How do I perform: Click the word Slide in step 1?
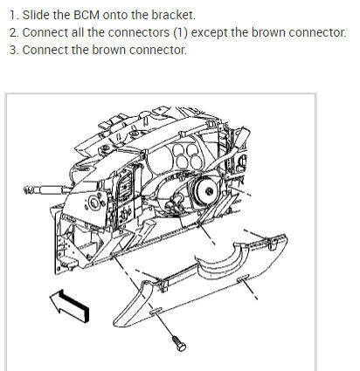(x=36, y=15)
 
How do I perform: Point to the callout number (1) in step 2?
(x=181, y=32)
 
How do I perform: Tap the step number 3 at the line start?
(x=13, y=50)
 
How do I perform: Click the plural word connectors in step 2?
(x=139, y=32)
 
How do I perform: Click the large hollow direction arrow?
(x=69, y=306)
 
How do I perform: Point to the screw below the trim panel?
(x=179, y=343)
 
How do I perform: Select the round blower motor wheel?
(x=206, y=191)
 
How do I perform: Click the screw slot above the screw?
(x=156, y=311)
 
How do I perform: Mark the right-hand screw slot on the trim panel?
(x=243, y=278)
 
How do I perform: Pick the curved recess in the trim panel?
(x=219, y=260)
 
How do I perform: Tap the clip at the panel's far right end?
(x=273, y=244)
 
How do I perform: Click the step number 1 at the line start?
(x=13, y=15)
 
